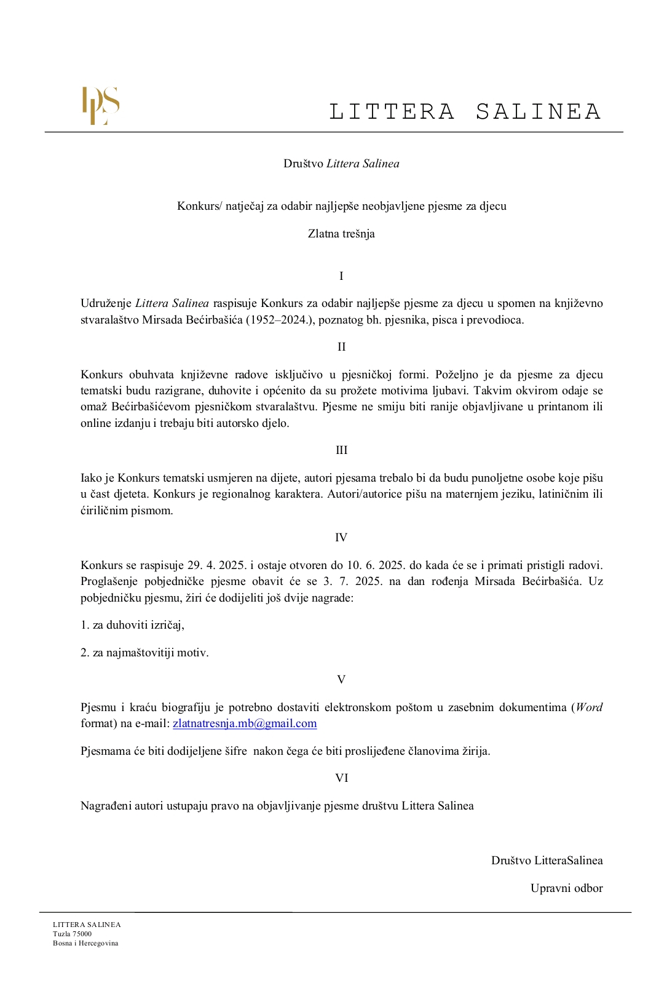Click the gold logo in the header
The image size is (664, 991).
click(x=101, y=106)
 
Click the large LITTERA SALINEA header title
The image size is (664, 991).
click(x=465, y=112)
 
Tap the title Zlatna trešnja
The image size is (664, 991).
click(x=341, y=234)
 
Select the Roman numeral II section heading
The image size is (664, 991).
click(x=341, y=347)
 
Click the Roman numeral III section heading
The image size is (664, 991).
click(x=341, y=450)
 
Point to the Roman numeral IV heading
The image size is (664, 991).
click(x=341, y=538)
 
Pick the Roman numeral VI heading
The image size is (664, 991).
click(x=341, y=778)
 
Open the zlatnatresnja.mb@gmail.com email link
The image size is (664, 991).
click(x=245, y=723)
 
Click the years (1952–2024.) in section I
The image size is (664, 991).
click(x=279, y=320)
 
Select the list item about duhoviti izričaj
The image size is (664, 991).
click(x=133, y=625)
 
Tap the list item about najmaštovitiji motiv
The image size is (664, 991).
click(x=144, y=653)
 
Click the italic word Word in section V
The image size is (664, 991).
click(x=589, y=707)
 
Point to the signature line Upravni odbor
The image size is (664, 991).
click(x=566, y=888)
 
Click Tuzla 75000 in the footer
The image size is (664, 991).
click(x=73, y=934)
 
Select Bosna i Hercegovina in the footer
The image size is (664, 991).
click(x=85, y=943)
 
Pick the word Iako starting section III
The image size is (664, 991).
click(x=91, y=478)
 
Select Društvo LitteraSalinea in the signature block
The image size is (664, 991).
click(x=547, y=861)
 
